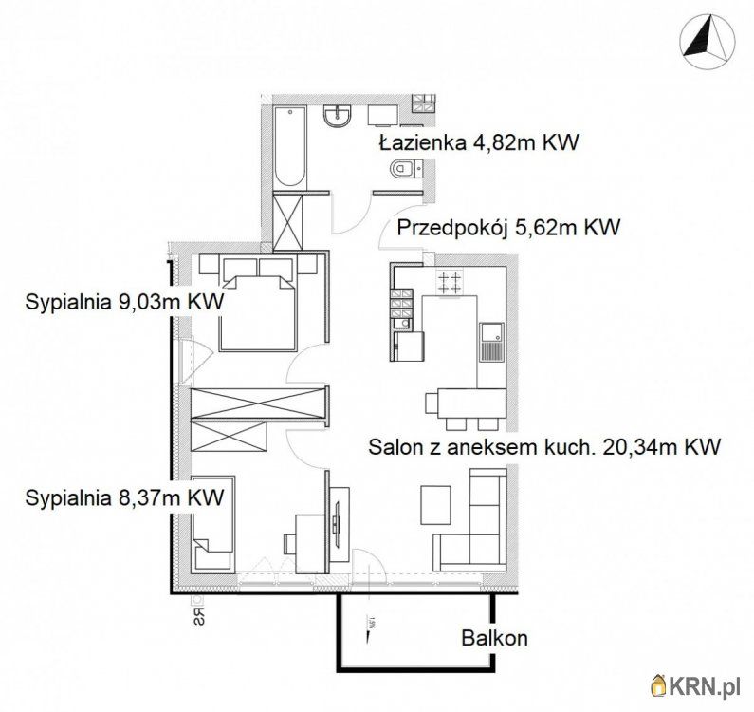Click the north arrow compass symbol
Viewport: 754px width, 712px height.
[708, 43]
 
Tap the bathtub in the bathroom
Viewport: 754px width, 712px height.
[290, 147]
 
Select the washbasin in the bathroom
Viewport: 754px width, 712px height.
[338, 116]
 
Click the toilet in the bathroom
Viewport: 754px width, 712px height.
[406, 168]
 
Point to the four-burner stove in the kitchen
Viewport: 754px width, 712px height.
[450, 282]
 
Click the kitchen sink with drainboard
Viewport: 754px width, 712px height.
[491, 343]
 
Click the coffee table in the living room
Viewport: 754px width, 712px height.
[435, 505]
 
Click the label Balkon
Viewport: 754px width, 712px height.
[494, 638]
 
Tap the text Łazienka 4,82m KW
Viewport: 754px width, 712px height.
[479, 143]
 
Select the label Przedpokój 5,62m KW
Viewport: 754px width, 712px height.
[508, 227]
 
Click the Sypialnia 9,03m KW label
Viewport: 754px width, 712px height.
[124, 302]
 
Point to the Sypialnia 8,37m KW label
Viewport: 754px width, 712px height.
[124, 497]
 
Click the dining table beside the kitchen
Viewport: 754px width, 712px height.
[471, 403]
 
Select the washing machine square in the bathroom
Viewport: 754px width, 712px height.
[383, 116]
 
